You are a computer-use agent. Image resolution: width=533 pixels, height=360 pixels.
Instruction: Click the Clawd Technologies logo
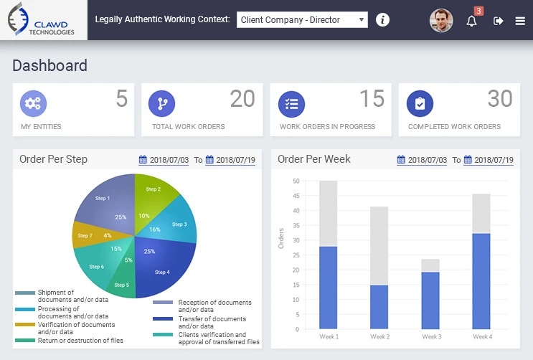tap(43, 19)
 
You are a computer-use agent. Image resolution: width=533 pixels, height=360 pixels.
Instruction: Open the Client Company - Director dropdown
tap(302, 20)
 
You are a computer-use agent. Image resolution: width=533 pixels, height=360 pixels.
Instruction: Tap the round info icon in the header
tap(383, 20)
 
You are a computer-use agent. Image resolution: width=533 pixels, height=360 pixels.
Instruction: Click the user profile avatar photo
tap(441, 21)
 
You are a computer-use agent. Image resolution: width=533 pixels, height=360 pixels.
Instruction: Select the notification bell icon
tap(471, 21)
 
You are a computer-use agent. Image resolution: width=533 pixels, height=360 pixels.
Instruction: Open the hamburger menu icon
tap(520, 21)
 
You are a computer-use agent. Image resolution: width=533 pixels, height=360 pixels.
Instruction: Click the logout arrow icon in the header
tap(499, 21)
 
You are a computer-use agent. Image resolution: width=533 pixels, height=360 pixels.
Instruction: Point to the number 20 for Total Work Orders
tap(242, 99)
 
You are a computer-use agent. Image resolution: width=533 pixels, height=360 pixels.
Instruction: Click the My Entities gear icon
tap(32, 104)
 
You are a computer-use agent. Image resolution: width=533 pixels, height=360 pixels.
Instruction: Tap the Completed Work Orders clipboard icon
tap(420, 104)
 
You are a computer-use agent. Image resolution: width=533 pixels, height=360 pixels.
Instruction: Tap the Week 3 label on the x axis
tap(430, 336)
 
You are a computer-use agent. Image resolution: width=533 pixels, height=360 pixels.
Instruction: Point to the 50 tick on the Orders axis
tap(296, 181)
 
